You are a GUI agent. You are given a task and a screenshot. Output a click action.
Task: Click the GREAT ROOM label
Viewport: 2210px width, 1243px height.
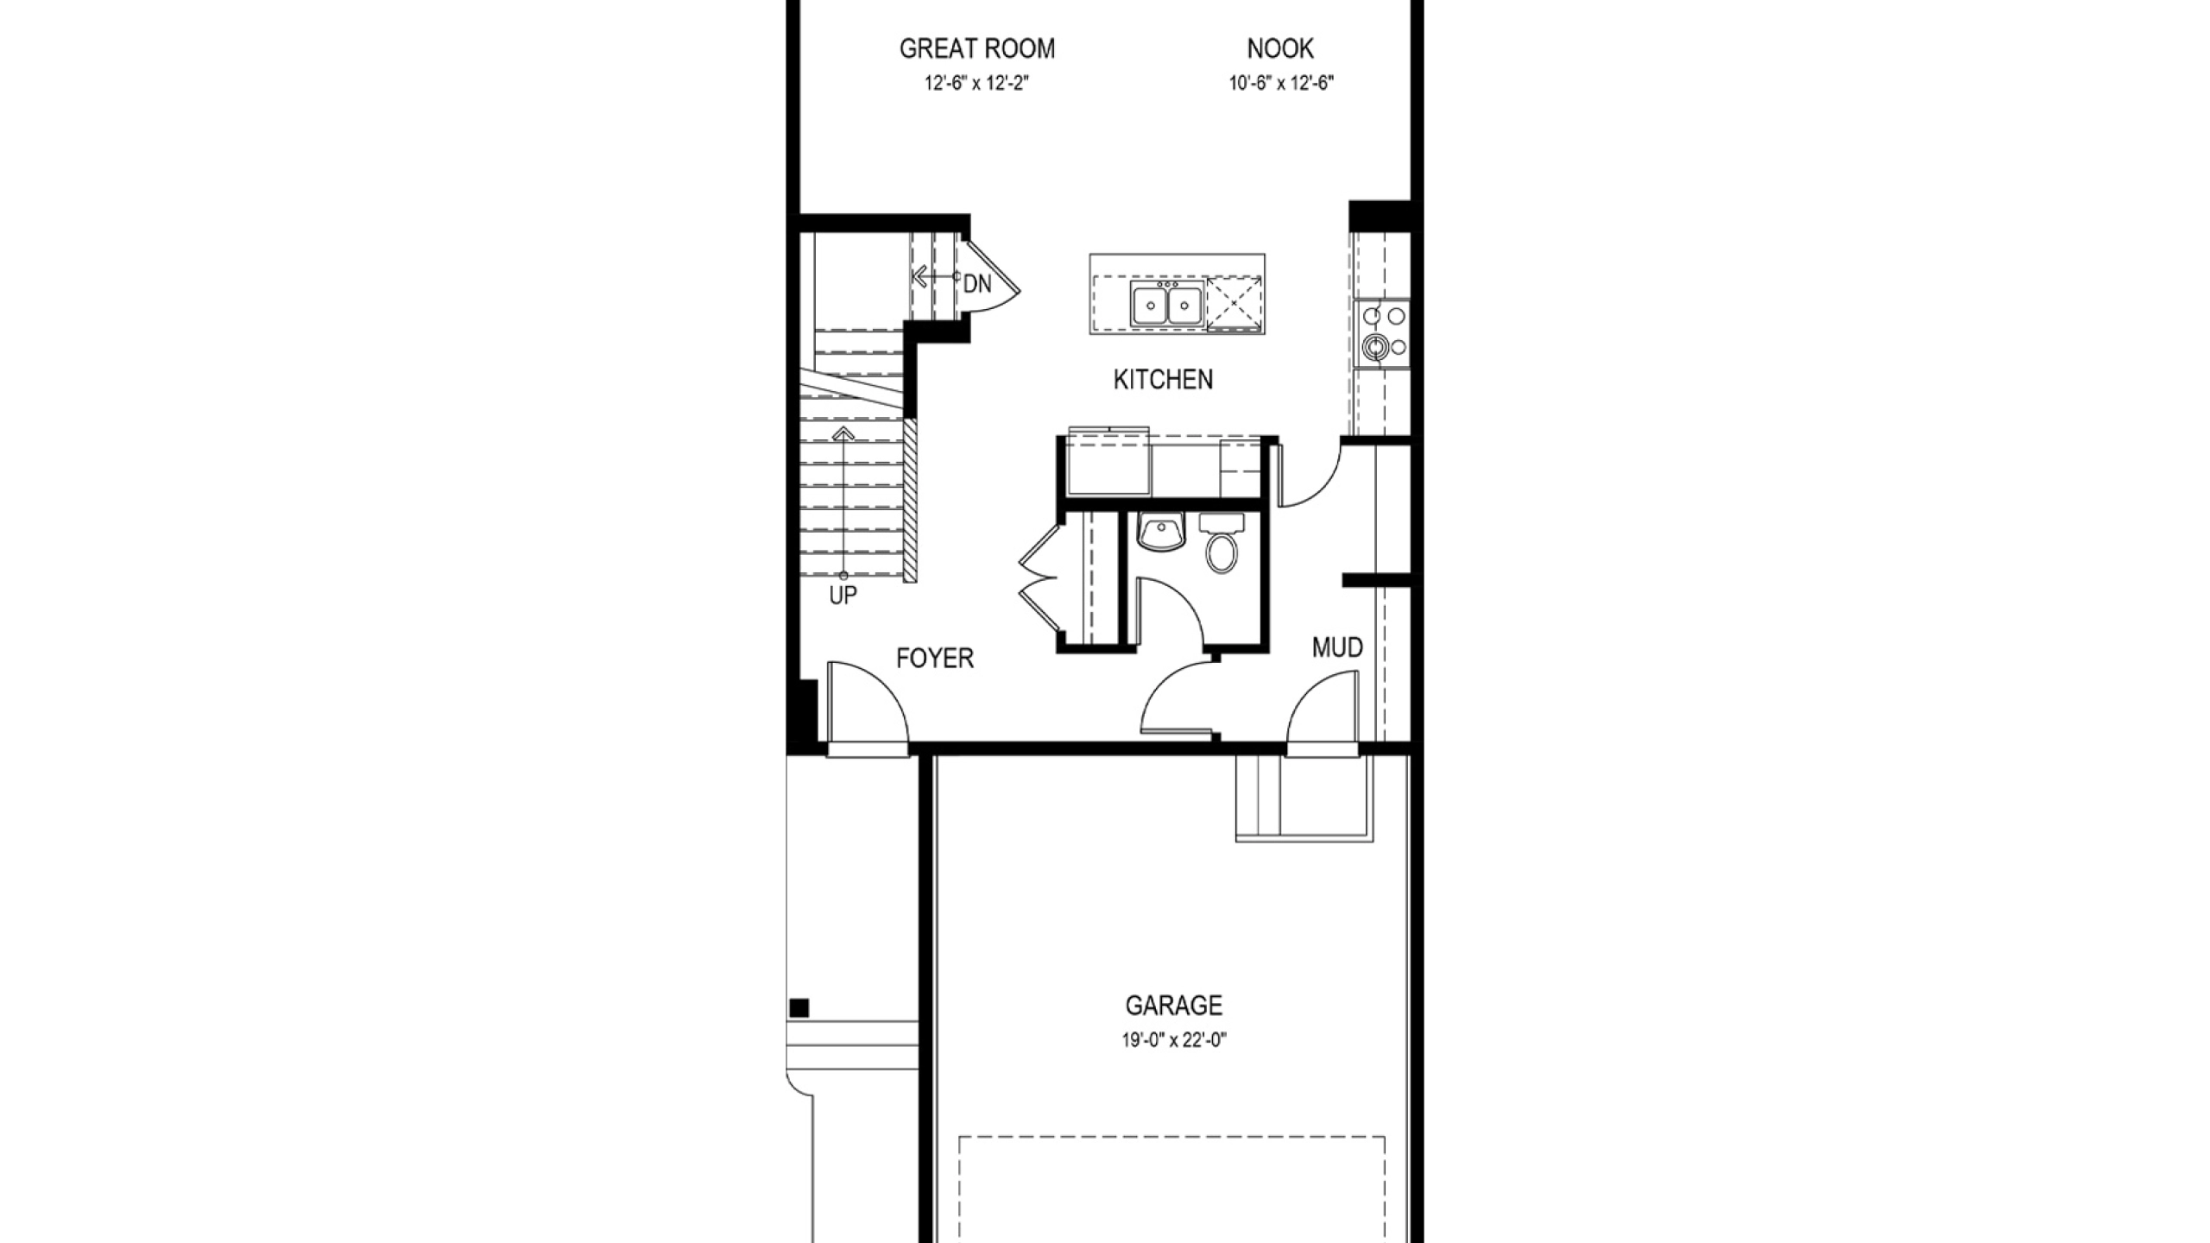(x=977, y=49)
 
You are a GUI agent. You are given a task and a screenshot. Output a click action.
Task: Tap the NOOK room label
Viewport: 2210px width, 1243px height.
(x=1280, y=49)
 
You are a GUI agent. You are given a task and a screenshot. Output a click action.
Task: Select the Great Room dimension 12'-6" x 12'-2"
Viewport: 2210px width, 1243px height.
(x=977, y=84)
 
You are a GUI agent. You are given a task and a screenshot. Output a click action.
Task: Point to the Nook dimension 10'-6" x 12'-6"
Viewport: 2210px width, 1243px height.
(x=1282, y=84)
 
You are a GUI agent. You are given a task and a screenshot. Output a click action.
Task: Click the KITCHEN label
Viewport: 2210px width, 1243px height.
(x=1163, y=380)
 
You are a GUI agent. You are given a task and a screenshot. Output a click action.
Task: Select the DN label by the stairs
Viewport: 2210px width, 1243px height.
(x=977, y=284)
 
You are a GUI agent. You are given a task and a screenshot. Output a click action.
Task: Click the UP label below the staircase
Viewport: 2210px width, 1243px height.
(x=843, y=596)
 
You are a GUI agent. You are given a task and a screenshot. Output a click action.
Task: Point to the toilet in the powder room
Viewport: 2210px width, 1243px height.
(x=1221, y=544)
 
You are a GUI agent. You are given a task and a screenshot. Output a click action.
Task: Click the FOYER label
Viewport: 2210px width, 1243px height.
(x=935, y=659)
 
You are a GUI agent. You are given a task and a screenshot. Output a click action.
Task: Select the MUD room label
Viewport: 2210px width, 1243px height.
(x=1337, y=647)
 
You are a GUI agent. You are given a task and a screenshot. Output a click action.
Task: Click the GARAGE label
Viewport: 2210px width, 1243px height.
(x=1174, y=1006)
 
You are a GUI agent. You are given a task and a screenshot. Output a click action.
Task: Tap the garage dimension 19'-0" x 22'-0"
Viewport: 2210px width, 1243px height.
(x=1174, y=1041)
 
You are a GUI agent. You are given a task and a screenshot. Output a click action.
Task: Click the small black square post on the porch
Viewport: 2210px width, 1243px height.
(x=799, y=1008)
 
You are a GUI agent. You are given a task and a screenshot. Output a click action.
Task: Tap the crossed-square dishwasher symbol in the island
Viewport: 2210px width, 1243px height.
(x=1234, y=303)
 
